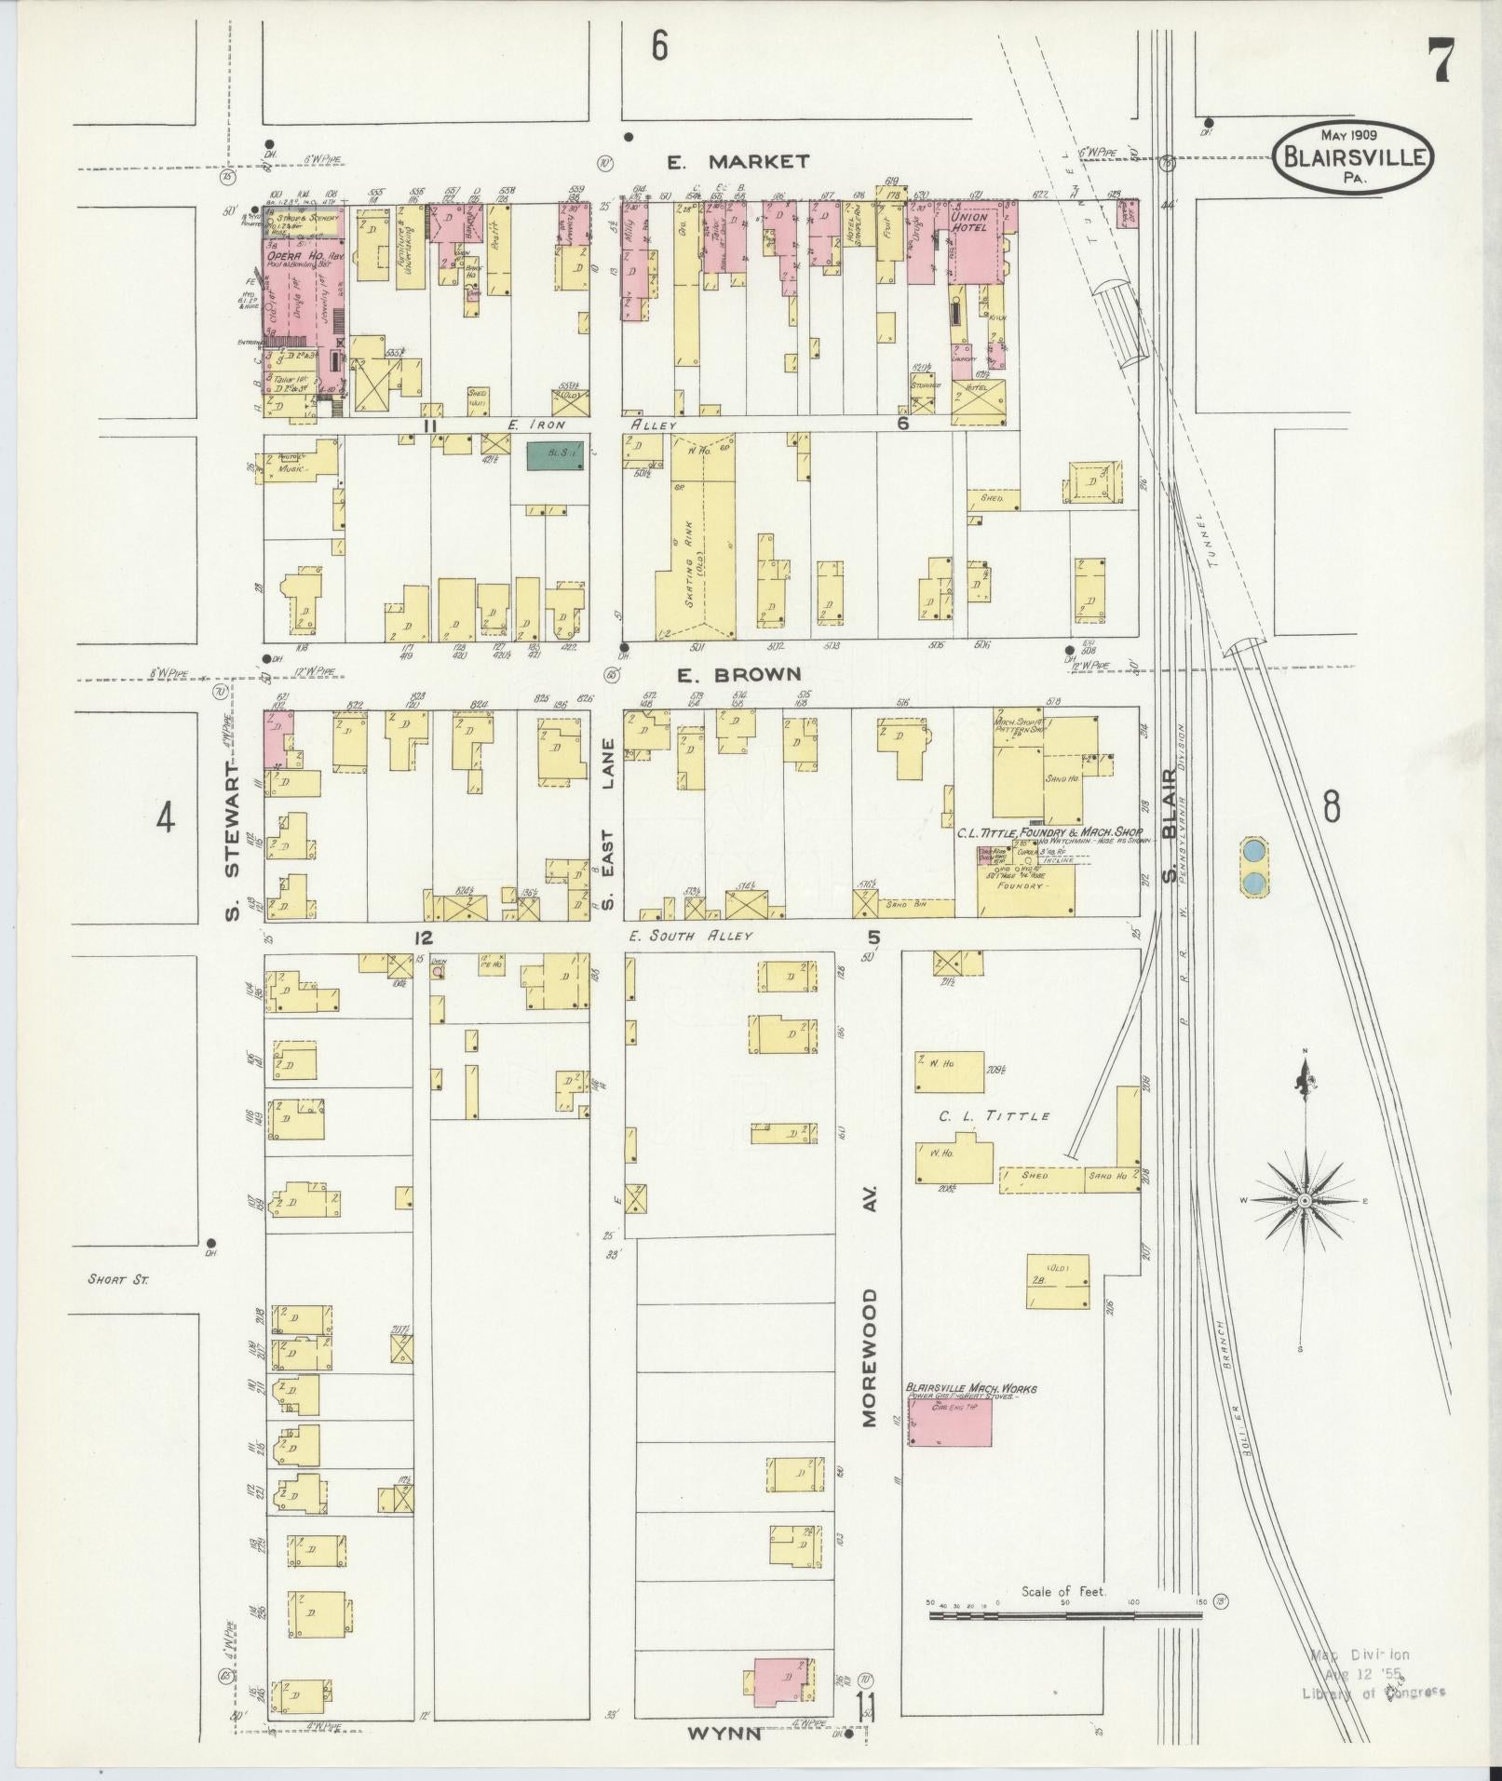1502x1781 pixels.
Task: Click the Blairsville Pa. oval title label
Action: click(1354, 158)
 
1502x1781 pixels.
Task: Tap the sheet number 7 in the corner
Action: click(1441, 64)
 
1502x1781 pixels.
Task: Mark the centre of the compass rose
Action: click(1304, 1201)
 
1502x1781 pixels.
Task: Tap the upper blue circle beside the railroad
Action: click(1254, 850)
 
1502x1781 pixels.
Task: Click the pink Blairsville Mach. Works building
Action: click(950, 1448)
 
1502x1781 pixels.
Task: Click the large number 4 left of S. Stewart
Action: click(166, 818)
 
